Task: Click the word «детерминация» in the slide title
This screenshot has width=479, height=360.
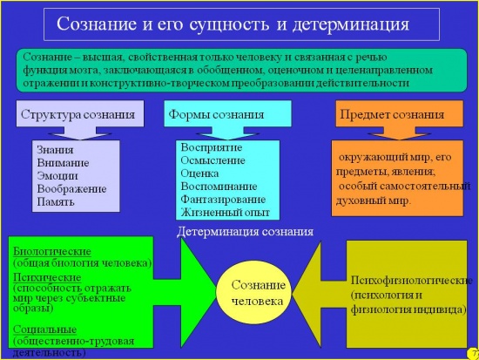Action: click(351, 24)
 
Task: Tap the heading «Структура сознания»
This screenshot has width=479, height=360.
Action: click(78, 115)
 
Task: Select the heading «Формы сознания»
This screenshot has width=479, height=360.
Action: click(216, 115)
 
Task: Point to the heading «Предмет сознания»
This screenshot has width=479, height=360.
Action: click(392, 115)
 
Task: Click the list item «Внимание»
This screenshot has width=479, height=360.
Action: click(63, 163)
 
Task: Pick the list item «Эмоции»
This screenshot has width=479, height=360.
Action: click(57, 176)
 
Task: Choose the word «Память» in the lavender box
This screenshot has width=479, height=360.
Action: click(56, 202)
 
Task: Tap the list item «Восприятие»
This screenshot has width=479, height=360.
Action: click(212, 147)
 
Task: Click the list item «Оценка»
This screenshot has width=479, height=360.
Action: click(199, 173)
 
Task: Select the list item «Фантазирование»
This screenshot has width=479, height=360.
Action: click(223, 200)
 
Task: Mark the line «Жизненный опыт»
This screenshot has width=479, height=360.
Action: click(226, 213)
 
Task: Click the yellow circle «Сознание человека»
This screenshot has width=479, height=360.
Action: click(253, 293)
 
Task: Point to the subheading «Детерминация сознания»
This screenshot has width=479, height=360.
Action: click(245, 232)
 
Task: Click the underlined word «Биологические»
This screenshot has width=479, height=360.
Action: click(52, 251)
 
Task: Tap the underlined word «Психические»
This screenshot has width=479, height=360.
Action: click(47, 277)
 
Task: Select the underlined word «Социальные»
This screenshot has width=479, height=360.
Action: click(45, 329)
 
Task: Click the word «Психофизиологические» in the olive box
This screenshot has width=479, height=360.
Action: click(411, 281)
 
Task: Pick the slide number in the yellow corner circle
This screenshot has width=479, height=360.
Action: click(475, 354)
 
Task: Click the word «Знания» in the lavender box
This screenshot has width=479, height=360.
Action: click(55, 150)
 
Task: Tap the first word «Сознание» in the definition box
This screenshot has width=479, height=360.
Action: click(48, 58)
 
